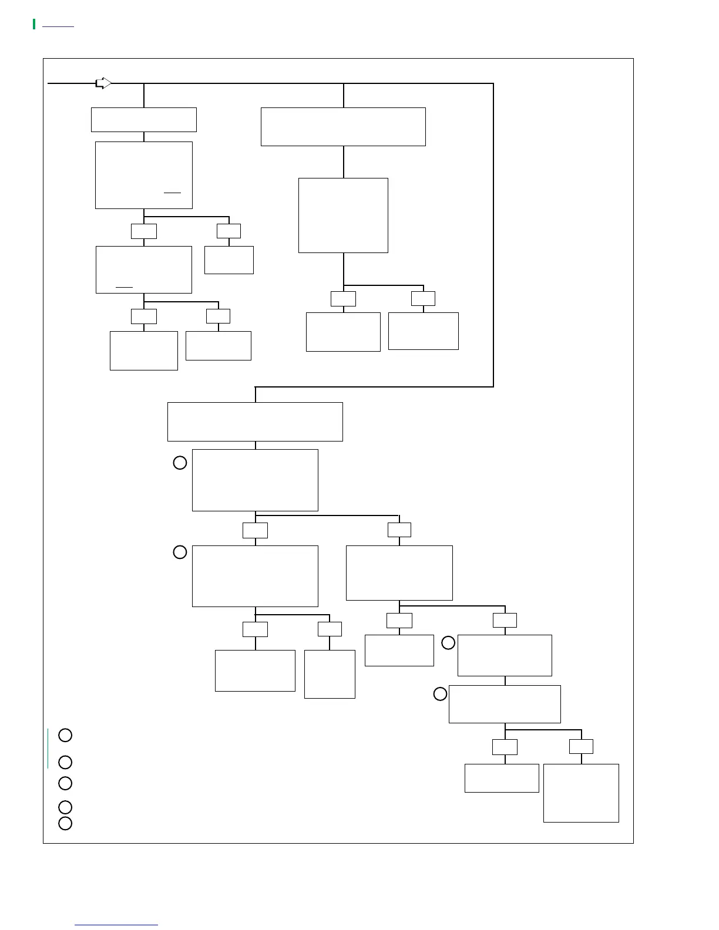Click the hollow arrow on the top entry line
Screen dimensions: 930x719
103,83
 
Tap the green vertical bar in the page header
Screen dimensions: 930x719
34,24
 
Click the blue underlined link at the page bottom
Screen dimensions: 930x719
116,925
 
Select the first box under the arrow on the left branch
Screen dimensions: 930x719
143,120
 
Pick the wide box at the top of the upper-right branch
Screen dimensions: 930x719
343,127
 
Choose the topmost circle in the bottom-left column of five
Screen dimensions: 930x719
65,735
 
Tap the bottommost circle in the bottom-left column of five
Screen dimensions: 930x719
65,823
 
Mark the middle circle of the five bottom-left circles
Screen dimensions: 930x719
65,783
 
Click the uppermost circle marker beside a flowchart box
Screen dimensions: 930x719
180,463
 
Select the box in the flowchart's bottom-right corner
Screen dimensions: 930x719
581,793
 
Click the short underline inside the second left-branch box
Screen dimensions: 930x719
173,192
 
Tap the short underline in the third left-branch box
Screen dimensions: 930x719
125,287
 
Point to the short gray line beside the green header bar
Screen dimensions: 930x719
58,26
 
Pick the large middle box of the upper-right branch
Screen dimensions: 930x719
343,215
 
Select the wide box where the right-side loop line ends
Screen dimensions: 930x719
255,422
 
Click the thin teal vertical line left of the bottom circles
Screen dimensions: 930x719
48,748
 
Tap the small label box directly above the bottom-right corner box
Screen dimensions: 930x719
581,747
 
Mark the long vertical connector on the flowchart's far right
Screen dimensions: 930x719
493,235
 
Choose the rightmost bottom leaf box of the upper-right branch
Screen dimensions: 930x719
423,331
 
